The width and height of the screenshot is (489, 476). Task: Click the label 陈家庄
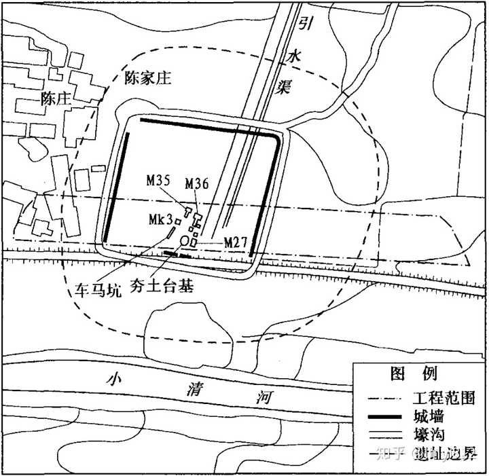coord(148,79)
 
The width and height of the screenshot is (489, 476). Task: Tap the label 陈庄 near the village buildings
coord(56,98)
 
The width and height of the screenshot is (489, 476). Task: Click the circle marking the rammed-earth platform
coord(184,241)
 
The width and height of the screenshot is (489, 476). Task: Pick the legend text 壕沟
coord(427,435)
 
